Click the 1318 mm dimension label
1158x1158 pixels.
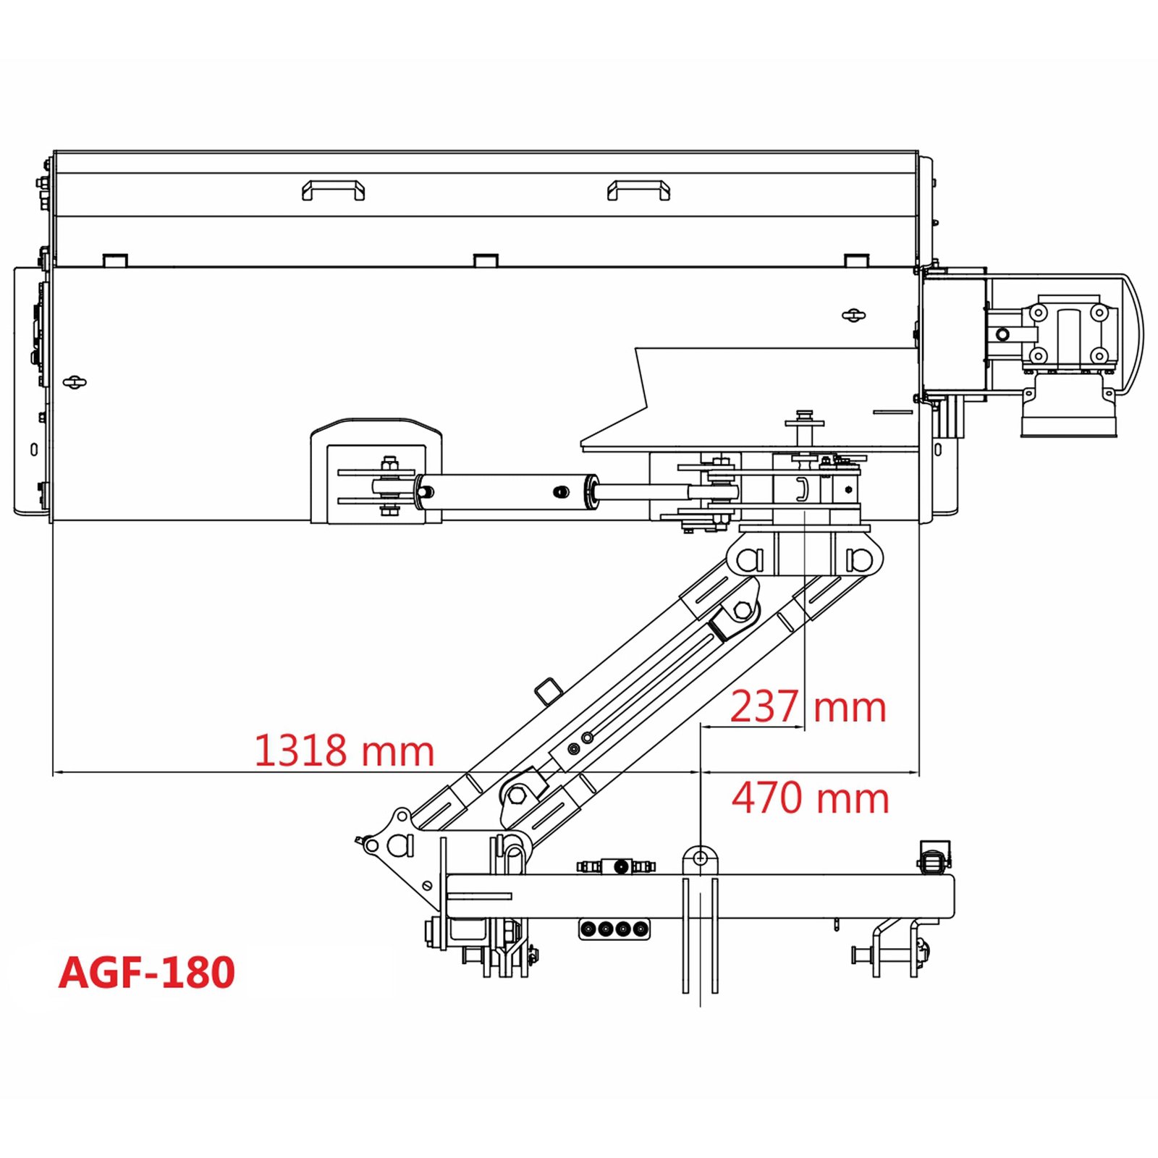point(344,751)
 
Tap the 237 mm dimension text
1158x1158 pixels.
point(808,706)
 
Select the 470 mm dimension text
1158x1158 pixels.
point(810,798)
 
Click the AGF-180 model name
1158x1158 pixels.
point(147,972)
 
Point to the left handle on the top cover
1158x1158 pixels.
point(333,190)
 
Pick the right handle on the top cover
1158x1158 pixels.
point(638,190)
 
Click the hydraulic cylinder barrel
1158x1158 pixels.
point(507,492)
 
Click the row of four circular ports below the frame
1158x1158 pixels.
point(614,929)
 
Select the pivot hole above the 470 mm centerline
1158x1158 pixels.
point(700,858)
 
